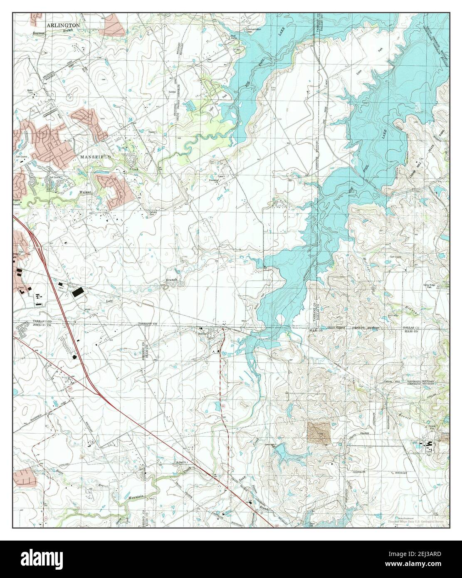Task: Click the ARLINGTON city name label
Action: (x=63, y=25)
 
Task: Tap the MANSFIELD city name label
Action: (x=92, y=158)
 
